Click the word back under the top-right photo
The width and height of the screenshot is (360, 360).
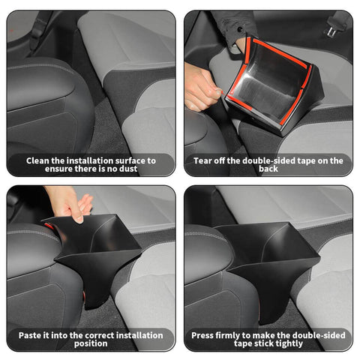coord(268,169)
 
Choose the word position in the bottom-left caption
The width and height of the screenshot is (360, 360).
coord(90,344)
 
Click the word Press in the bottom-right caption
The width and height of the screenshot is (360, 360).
coord(204,334)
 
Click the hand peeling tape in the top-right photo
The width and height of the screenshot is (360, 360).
coord(201,86)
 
